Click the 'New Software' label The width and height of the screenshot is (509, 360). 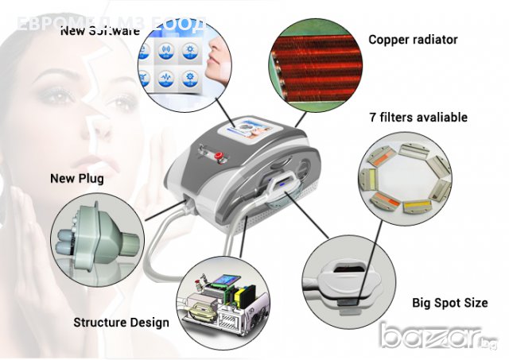100,31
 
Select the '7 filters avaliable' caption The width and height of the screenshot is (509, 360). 418,118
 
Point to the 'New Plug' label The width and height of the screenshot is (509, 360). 77,178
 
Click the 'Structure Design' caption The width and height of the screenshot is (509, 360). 121,323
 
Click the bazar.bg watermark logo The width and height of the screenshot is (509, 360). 441,337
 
